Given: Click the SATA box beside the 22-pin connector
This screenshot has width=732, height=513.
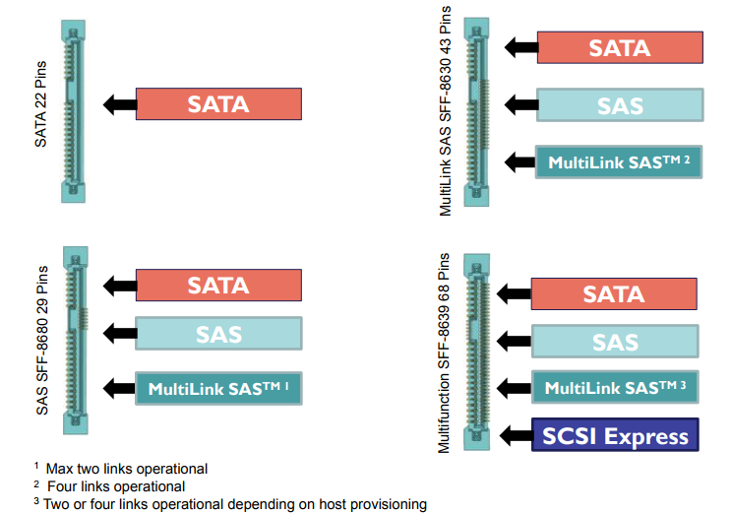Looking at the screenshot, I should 218,103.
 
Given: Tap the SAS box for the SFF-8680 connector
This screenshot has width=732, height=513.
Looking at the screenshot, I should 218,334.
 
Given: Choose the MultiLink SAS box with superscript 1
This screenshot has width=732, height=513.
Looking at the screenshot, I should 218,388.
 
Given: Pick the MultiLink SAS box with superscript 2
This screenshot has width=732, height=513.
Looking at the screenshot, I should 619,160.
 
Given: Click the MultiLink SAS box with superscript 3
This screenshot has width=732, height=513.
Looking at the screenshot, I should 614,387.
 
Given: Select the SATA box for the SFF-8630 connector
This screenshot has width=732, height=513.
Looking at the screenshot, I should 620,47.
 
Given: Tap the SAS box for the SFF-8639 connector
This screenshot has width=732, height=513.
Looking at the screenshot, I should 614,342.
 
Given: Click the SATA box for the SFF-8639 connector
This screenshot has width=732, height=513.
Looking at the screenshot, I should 614,293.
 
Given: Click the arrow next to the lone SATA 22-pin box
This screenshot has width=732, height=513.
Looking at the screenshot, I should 118,103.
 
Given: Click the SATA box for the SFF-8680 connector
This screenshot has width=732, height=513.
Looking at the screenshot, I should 218,285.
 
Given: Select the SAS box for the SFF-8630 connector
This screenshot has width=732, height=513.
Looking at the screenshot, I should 620,105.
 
